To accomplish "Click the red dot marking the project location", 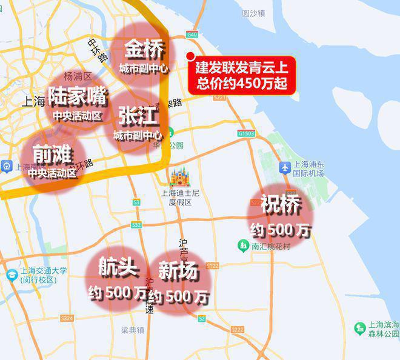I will pyautogui.click(x=190, y=57).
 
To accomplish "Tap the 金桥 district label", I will pyautogui.click(x=144, y=48).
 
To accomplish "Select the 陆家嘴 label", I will pyautogui.click(x=77, y=95).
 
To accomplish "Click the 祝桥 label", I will pyautogui.click(x=281, y=205).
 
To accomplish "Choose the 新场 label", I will pyautogui.click(x=178, y=272).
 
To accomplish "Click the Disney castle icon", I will pyautogui.click(x=179, y=176).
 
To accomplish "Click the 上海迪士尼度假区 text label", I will pyautogui.click(x=180, y=198).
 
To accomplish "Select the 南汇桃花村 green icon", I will pyautogui.click(x=243, y=245).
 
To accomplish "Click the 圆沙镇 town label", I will pyautogui.click(x=253, y=13).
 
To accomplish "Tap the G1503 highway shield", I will pyautogui.click(x=247, y=133).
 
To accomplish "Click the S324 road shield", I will pyautogui.click(x=67, y=318).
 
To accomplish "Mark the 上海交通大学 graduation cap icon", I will pyautogui.click(x=12, y=275).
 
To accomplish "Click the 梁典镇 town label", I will pyautogui.click(x=132, y=330).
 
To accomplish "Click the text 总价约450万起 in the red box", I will pyautogui.click(x=242, y=82).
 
